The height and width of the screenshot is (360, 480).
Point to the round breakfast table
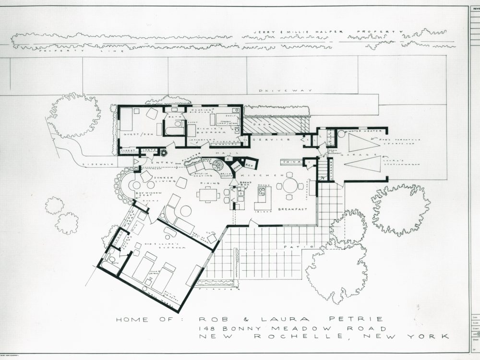click(x=290, y=186)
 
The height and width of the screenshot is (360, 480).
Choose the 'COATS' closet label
click(x=147, y=150)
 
